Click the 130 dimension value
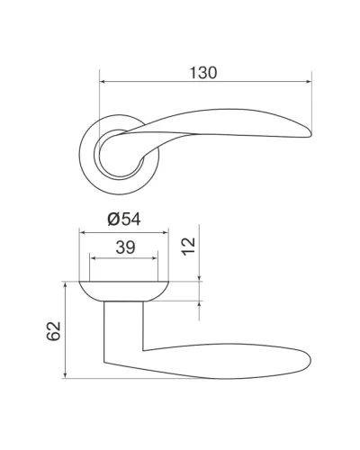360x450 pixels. (x=203, y=73)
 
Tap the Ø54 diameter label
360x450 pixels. (x=124, y=219)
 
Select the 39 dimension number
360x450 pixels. (x=125, y=247)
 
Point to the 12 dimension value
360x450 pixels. (x=189, y=247)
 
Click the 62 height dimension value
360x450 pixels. (x=54, y=331)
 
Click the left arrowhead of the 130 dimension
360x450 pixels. (x=103, y=81)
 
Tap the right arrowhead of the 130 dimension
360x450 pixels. (x=309, y=81)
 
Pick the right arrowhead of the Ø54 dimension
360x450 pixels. (x=165, y=232)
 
